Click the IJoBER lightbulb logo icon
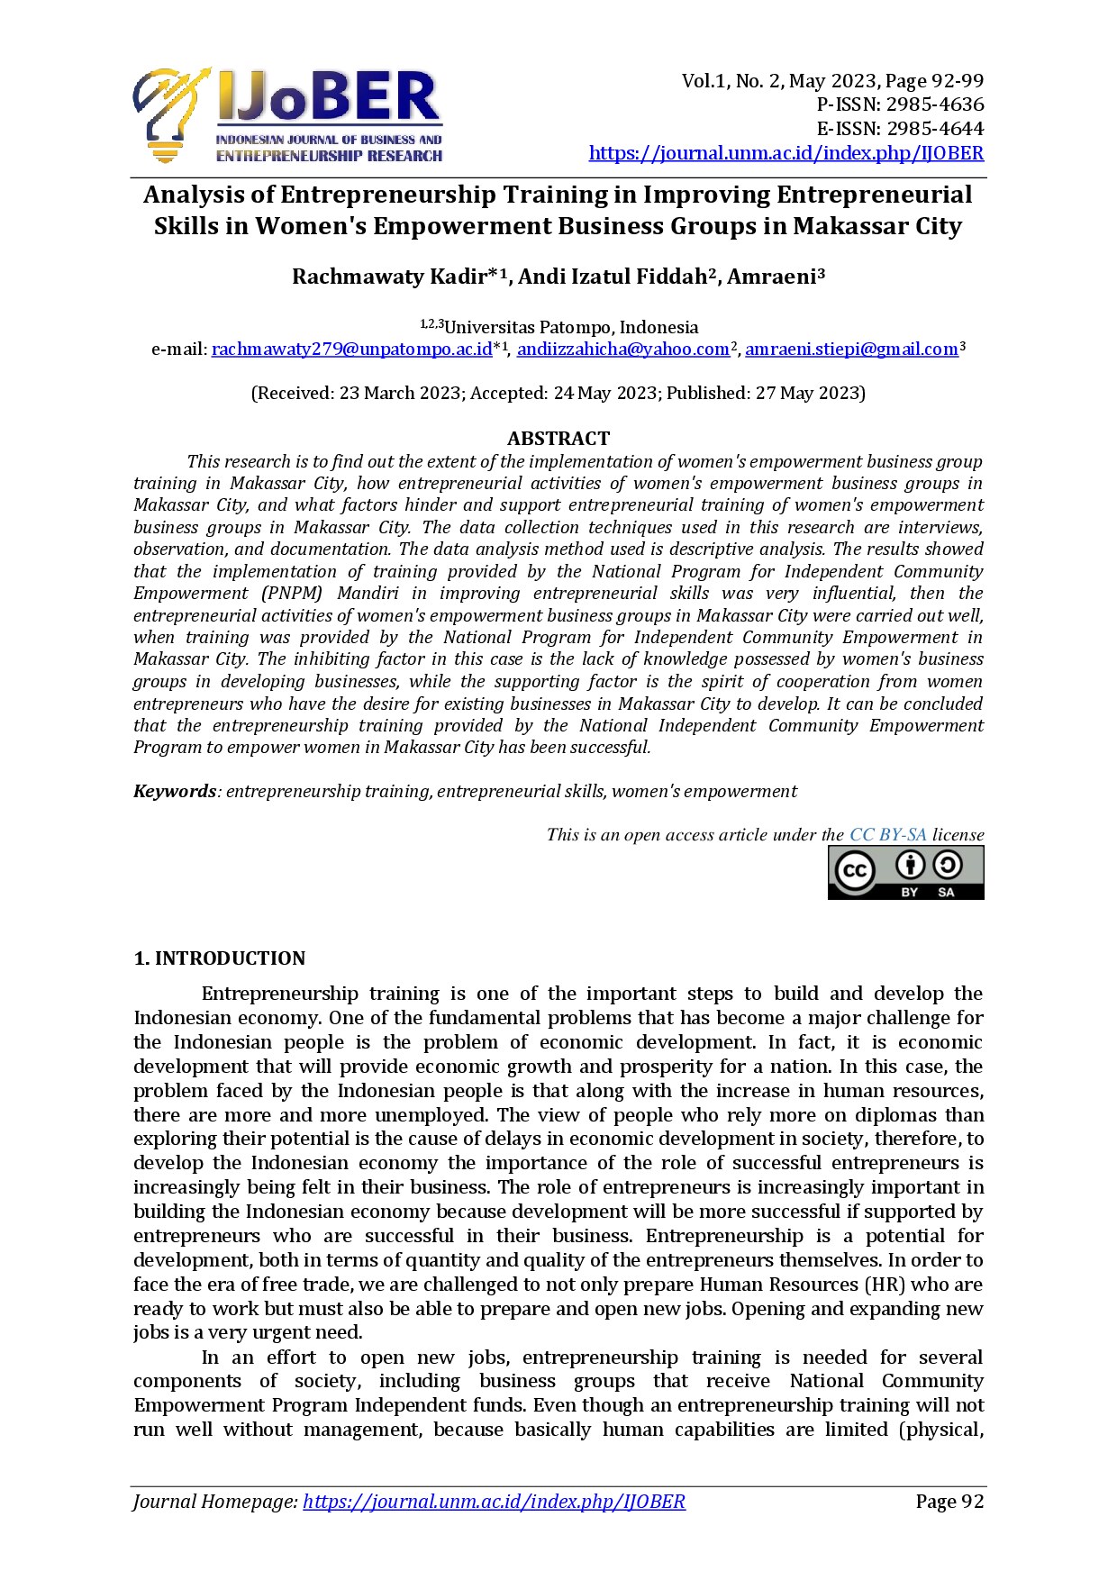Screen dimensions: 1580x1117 pos(171,113)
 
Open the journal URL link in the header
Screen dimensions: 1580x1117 pos(786,153)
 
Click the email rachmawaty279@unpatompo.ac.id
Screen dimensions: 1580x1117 pos(351,350)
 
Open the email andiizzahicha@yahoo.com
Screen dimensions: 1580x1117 pos(622,350)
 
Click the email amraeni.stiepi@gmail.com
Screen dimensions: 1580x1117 pos(851,350)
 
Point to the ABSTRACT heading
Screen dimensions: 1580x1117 pos(558,439)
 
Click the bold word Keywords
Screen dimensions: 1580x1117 pos(175,792)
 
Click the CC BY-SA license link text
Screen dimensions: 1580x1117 pos(887,835)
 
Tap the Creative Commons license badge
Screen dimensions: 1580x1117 pos(905,873)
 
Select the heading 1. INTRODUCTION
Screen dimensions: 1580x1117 pos(220,958)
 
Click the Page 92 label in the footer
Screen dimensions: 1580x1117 pos(949,1502)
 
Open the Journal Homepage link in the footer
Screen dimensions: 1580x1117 pos(494,1502)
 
